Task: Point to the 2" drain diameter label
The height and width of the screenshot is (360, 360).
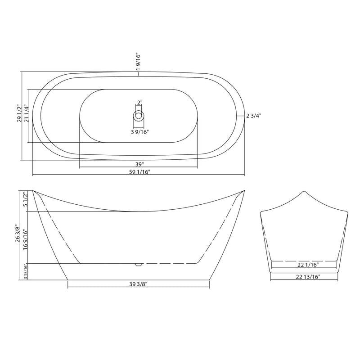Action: pyautogui.click(x=139, y=103)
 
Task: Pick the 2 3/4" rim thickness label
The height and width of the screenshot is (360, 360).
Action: pyautogui.click(x=254, y=116)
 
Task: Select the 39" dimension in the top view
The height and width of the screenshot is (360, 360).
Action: pyautogui.click(x=139, y=164)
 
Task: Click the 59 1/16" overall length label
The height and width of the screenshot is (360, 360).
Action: pyautogui.click(x=139, y=172)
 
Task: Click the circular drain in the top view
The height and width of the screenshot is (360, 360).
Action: pyautogui.click(x=139, y=116)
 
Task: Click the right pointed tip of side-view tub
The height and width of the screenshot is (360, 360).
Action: pyautogui.click(x=244, y=190)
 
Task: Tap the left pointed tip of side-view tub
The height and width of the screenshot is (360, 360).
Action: pyautogui.click(x=33, y=190)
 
